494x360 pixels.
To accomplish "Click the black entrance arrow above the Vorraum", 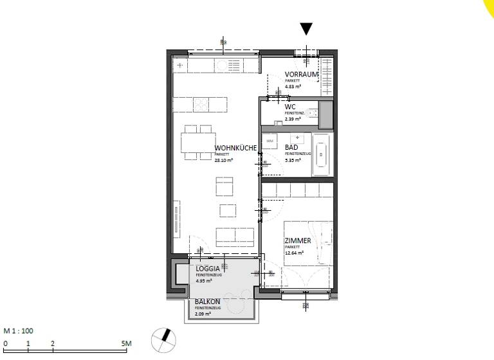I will [307, 28].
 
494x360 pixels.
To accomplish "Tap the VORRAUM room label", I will [301, 75].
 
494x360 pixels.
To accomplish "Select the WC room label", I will [290, 107].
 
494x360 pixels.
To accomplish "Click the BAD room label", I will [291, 148].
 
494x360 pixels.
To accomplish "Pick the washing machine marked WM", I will [270, 140].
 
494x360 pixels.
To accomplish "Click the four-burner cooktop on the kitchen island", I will [201, 104].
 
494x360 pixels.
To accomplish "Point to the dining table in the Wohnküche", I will [199, 142].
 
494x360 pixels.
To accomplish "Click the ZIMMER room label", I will [298, 241].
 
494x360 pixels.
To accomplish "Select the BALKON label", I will [208, 301].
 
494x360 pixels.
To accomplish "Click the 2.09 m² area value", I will [203, 314].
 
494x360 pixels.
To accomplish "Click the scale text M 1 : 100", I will [19, 331].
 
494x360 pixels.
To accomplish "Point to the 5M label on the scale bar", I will [126, 344].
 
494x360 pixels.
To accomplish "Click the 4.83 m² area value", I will [293, 86].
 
